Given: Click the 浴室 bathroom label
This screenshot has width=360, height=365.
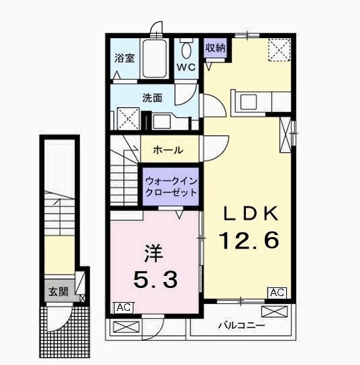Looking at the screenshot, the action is point(125,58).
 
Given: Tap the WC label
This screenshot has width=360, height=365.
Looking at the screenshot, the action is point(186,67).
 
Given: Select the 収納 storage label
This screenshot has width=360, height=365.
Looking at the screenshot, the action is point(215,48).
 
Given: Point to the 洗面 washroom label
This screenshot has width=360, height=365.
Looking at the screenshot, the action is point(152,98).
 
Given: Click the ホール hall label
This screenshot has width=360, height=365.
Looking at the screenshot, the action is point(168,150).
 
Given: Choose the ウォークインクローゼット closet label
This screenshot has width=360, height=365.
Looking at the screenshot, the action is point(171,187).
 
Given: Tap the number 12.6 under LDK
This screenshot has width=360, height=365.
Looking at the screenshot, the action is point(249,240).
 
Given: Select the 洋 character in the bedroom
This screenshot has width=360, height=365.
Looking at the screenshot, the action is point(154,253).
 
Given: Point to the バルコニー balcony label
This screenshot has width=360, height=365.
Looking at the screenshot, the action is point(241,325).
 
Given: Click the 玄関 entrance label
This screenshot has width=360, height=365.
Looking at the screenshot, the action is point(58,292).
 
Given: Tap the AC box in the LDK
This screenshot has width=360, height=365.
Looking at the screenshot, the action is point(277,293).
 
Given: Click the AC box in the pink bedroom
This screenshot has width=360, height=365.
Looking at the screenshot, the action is point(123,307).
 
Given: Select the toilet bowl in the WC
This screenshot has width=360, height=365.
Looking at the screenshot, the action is point(186,49).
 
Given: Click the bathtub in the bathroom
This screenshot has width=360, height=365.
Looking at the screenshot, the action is point(154,59).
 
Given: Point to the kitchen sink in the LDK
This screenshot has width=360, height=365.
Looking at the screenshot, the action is point(249,102).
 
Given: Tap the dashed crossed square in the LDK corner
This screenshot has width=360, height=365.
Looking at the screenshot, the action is point(280,50).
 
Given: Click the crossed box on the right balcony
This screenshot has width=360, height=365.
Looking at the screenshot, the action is point(274,311).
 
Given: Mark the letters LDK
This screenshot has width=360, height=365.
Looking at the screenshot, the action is point(251,213).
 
